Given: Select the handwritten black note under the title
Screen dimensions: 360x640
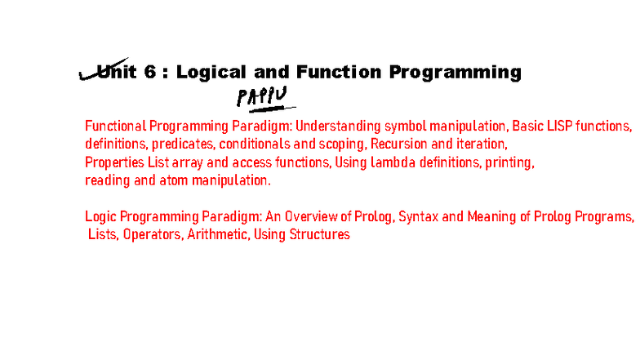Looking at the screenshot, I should click(x=263, y=97).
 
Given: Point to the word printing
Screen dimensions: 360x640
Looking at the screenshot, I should click(x=510, y=162).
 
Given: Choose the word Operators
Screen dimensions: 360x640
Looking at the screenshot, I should click(x=151, y=234).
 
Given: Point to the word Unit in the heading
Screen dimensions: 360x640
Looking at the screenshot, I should click(x=113, y=72).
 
